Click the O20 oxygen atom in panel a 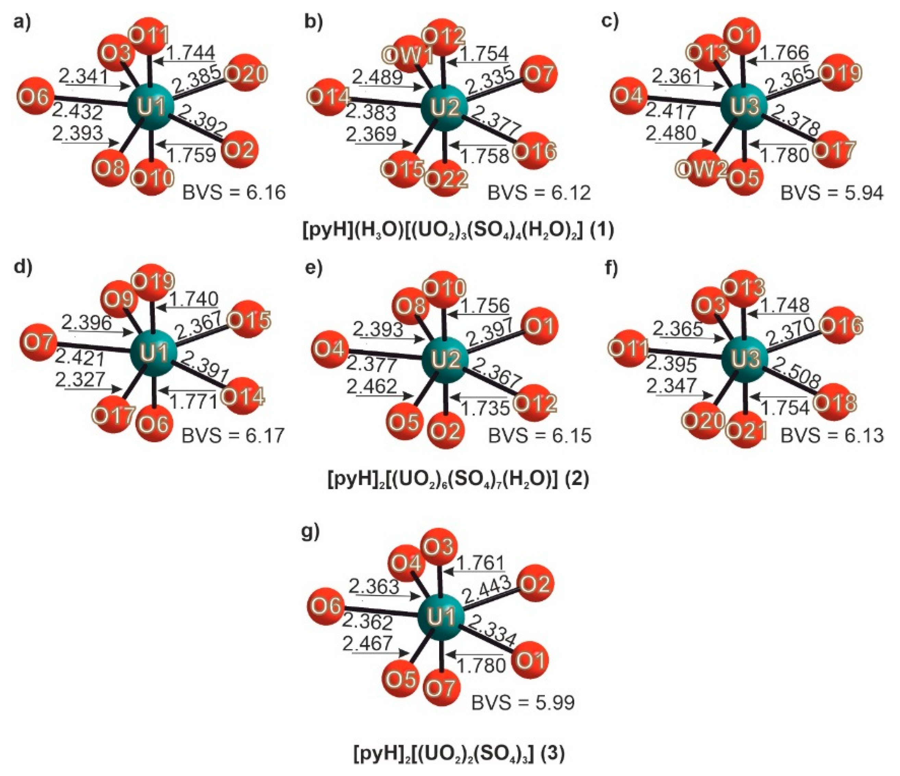tap(246, 74)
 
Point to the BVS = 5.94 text tap(831, 193)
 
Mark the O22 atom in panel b tap(446, 178)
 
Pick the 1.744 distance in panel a tap(191, 53)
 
